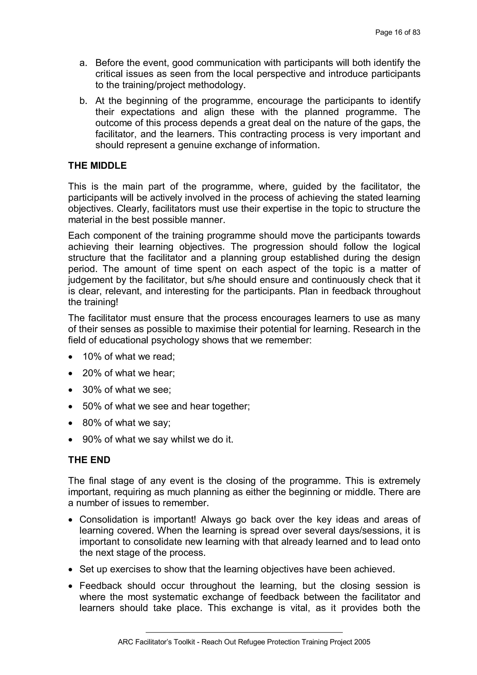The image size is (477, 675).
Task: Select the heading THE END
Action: point(89,460)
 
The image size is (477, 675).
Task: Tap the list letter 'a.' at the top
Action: point(83,63)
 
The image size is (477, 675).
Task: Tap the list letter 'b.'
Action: point(83,101)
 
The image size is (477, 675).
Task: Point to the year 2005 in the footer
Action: point(362,642)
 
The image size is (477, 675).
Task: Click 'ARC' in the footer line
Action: point(124,642)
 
